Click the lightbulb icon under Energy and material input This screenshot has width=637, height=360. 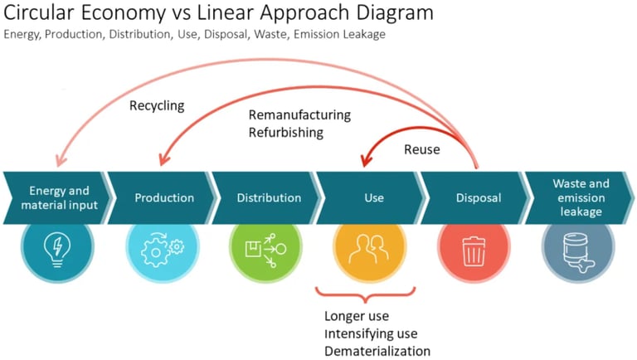coord(57,250)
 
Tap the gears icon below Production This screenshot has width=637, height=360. coord(162,250)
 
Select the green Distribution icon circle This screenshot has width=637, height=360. coord(265,248)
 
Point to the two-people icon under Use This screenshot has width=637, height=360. coord(369,249)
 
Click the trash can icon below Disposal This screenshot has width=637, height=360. coord(474,251)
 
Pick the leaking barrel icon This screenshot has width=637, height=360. coord(578,252)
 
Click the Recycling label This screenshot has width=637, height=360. coord(157,106)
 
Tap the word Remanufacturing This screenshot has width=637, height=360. coord(299,115)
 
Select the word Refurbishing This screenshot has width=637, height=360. coord(286,133)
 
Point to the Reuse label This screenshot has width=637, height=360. coord(421,149)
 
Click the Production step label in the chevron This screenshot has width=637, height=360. coord(164,198)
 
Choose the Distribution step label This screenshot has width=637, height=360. coord(269,198)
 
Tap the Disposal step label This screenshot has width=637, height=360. coord(479,198)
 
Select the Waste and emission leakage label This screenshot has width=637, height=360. coord(581,197)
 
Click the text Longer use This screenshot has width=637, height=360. coord(357,316)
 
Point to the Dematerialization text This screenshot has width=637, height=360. coord(377,351)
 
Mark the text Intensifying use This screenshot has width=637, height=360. coord(371,333)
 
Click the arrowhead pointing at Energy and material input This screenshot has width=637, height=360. coord(60,160)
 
